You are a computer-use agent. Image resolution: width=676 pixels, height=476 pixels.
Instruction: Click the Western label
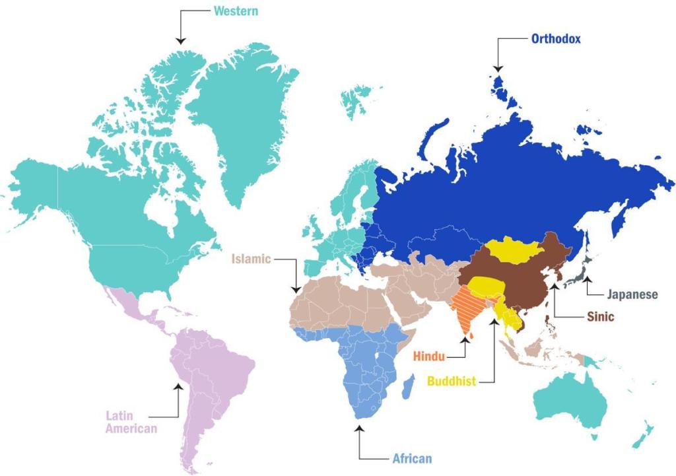pos(236,11)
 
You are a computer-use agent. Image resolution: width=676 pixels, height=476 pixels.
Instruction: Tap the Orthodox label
pos(556,39)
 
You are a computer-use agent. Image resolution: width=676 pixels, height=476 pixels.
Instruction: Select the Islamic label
pos(251,259)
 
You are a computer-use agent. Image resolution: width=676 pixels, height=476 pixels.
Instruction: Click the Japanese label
pos(632,294)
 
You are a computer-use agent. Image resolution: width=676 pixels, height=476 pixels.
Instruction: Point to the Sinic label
pos(601,316)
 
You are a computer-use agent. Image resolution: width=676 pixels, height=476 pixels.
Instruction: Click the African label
pos(412,458)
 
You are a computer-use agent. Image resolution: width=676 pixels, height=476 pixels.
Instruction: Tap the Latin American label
pos(131,423)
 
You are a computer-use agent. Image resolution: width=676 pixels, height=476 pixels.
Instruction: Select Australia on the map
pos(571,400)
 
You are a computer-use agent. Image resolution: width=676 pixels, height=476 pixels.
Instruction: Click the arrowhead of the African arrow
pos(359,428)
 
